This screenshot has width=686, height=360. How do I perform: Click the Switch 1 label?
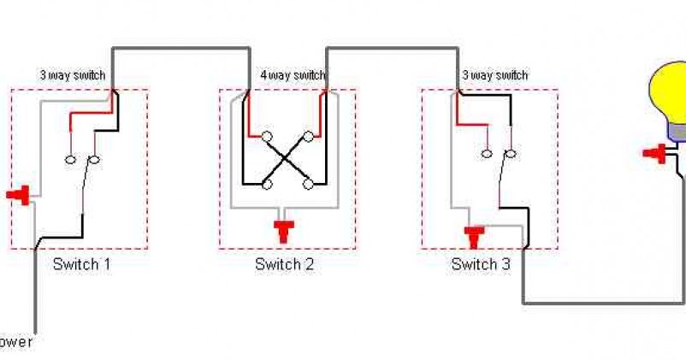(x=81, y=264)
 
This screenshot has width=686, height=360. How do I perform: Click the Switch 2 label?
(x=285, y=264)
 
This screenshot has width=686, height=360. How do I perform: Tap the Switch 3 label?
(x=481, y=264)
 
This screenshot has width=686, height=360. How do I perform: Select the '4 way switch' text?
(x=293, y=76)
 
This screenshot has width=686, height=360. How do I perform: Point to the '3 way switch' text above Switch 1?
(x=73, y=76)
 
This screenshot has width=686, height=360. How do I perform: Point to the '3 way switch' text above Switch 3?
(x=494, y=76)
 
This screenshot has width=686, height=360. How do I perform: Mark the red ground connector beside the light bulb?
(x=655, y=154)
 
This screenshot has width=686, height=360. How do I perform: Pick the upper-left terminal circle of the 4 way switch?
(x=267, y=136)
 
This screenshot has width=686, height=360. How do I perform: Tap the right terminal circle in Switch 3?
(x=510, y=154)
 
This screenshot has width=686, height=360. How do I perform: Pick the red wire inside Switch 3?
(x=472, y=121)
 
